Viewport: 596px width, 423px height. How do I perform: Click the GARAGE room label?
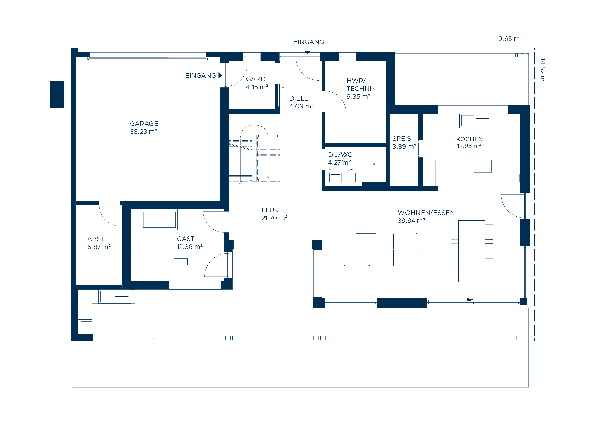click(x=144, y=124)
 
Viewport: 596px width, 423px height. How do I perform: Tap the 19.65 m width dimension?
click(x=508, y=39)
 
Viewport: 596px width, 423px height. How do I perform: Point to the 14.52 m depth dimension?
click(x=542, y=70)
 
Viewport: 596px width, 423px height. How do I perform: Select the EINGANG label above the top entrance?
click(x=309, y=42)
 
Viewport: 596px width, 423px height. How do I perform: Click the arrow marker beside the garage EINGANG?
click(x=220, y=75)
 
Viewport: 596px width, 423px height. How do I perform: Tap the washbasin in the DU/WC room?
click(x=336, y=177)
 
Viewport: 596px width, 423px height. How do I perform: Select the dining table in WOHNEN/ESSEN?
click(x=472, y=251)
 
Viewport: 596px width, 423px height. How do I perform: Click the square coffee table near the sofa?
click(x=366, y=243)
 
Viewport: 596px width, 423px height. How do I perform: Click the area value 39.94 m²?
click(x=411, y=221)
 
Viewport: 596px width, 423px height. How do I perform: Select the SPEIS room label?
click(x=401, y=139)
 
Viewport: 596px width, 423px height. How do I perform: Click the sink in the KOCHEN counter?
click(x=467, y=121)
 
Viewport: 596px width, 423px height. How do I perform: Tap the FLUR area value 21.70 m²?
click(x=274, y=218)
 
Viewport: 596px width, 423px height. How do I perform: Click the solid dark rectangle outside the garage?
click(x=56, y=95)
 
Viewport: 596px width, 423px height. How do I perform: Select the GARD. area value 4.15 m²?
click(x=257, y=87)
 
